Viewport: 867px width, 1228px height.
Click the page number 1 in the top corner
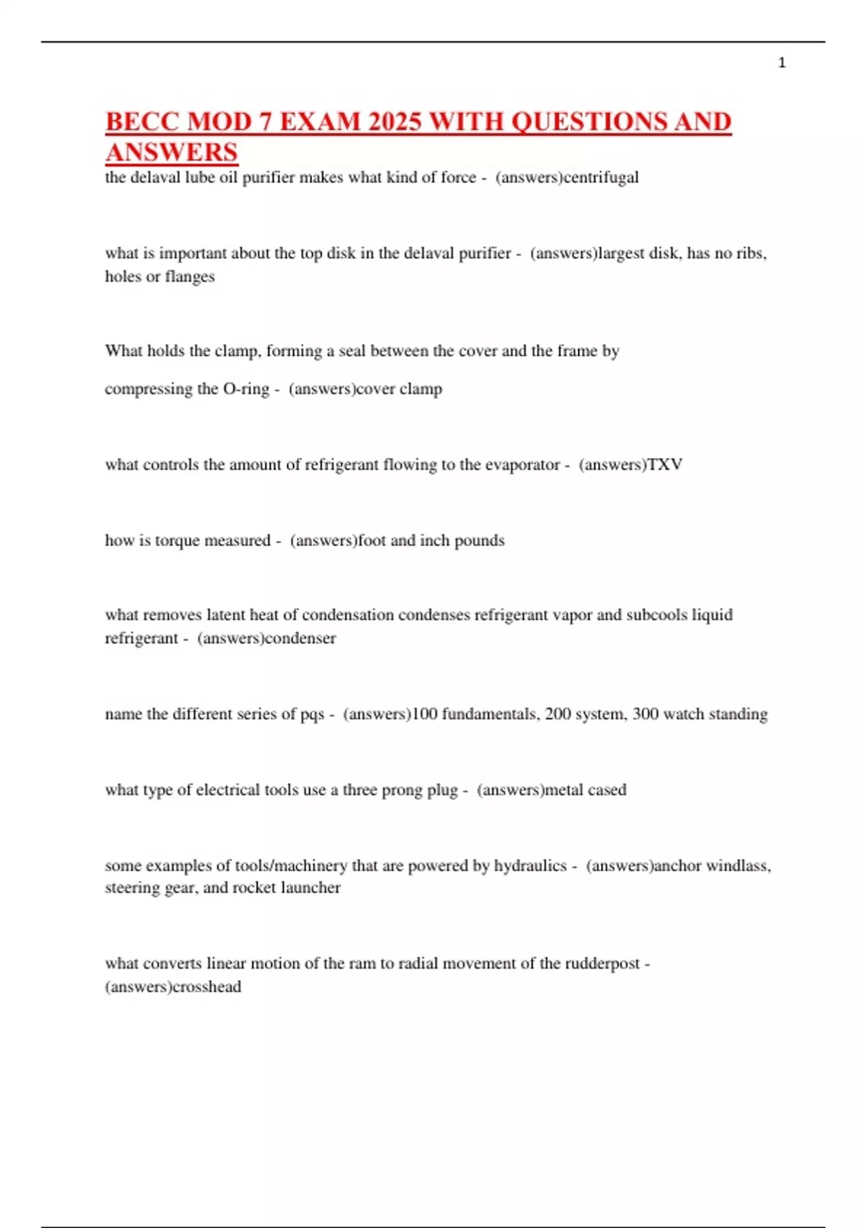(x=782, y=63)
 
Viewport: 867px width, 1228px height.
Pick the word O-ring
(x=246, y=389)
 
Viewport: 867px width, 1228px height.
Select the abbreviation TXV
(x=665, y=464)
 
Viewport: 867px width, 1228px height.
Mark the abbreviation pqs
(x=312, y=715)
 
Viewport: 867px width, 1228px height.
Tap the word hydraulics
(x=530, y=865)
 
